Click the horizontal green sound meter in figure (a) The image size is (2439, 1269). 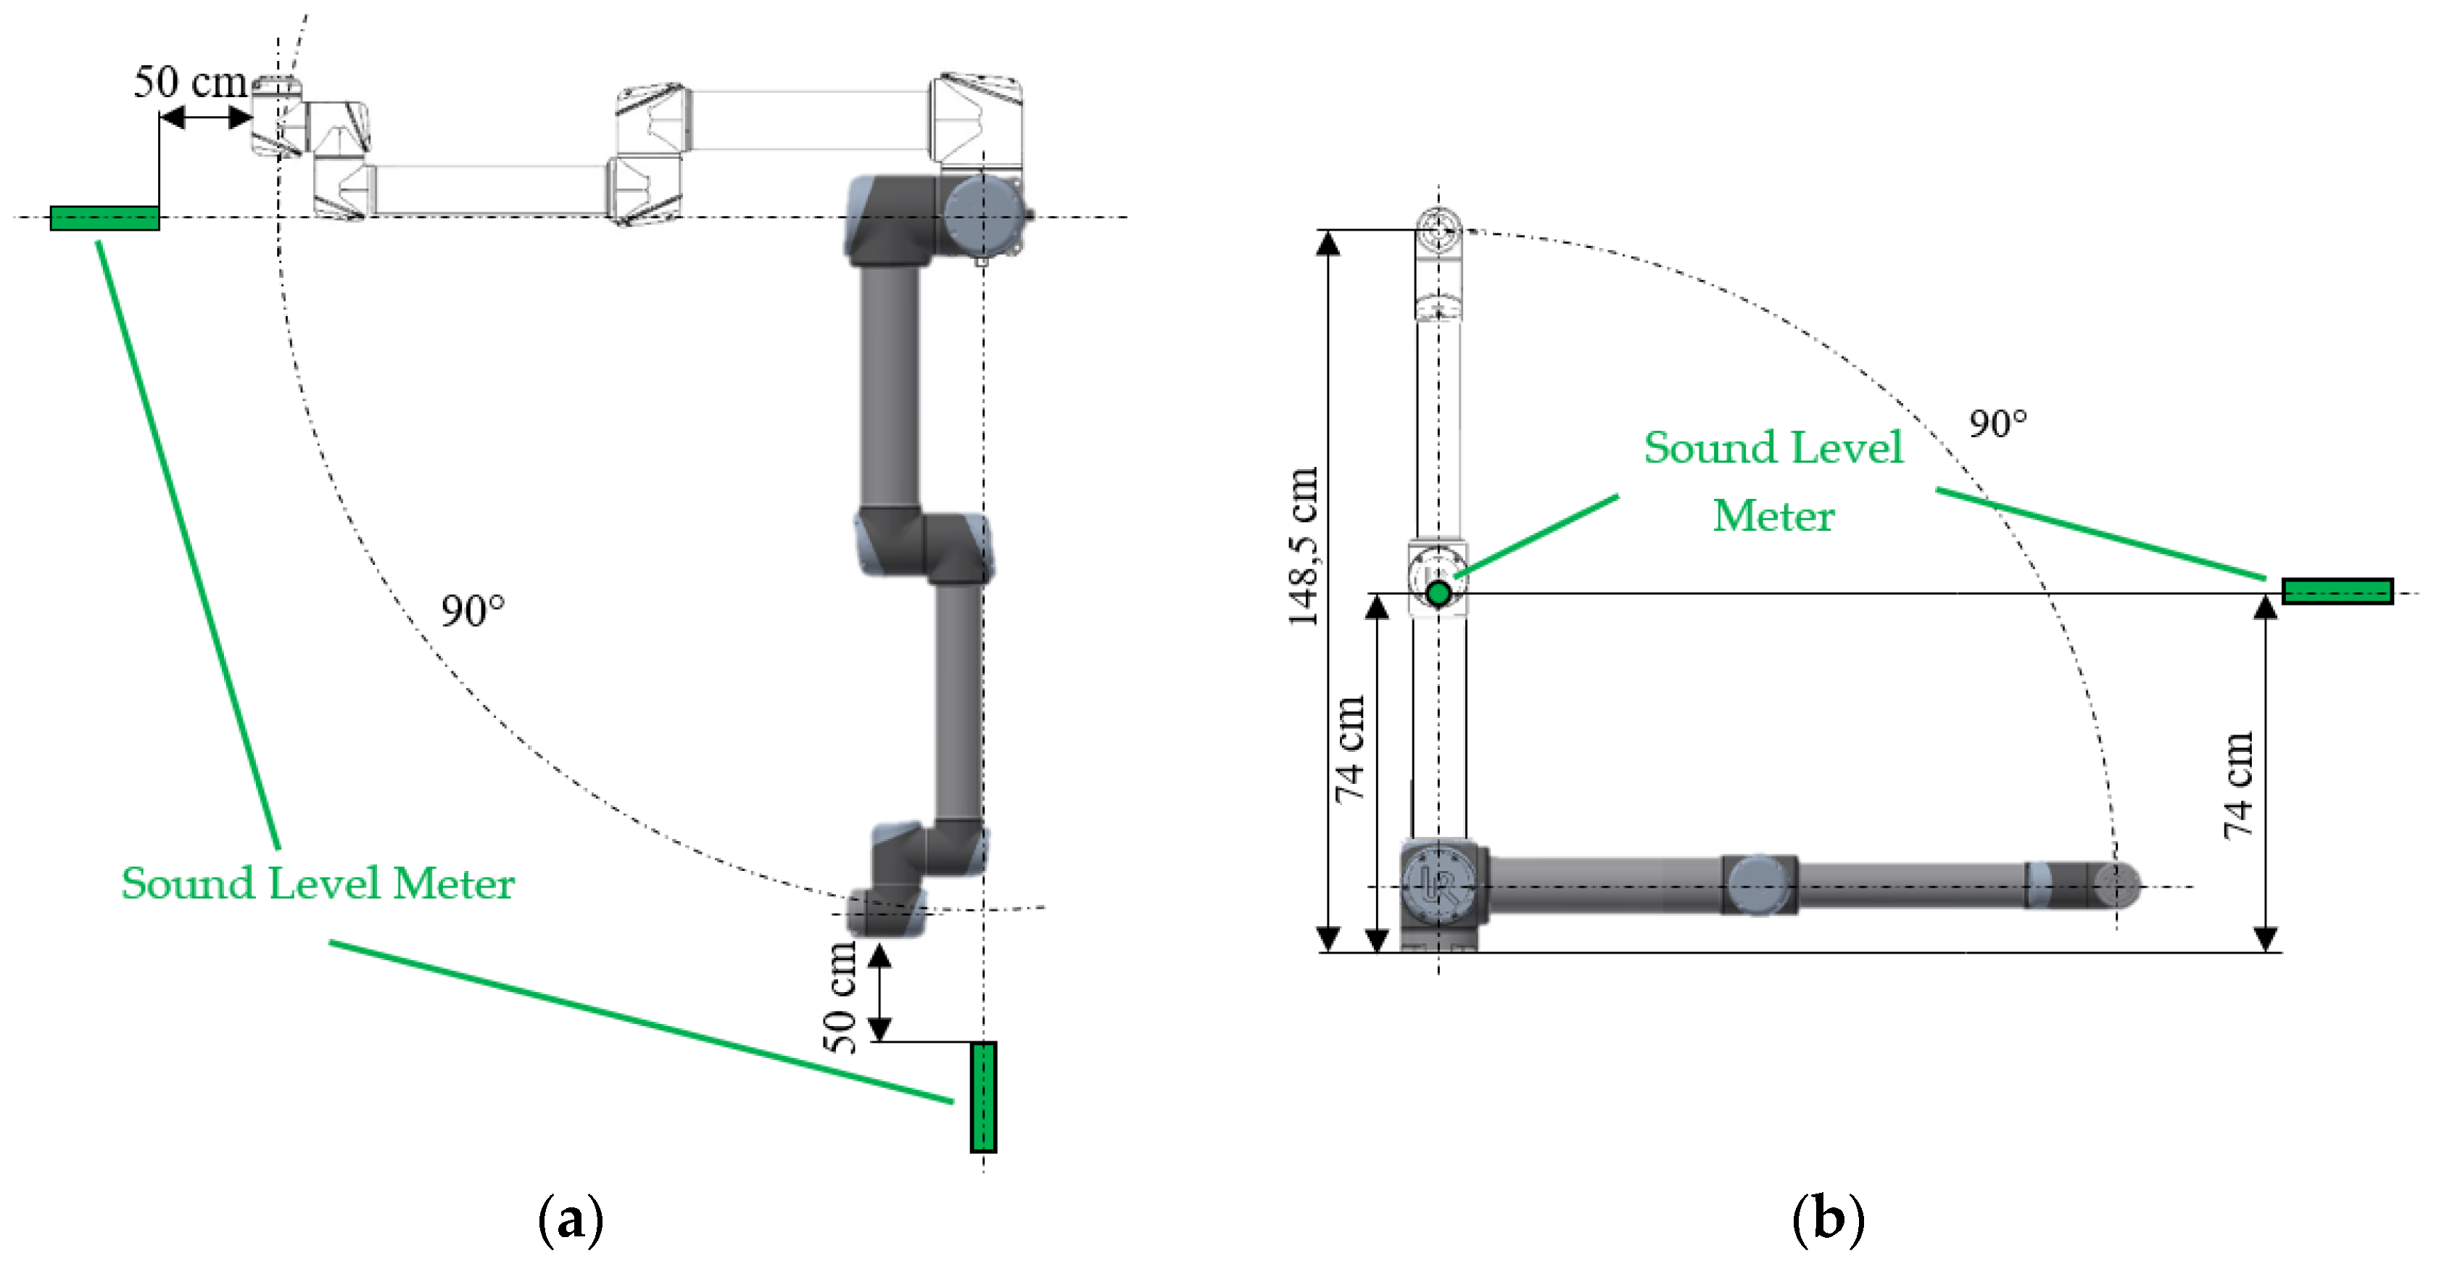[104, 218]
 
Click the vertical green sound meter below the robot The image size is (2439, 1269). [983, 1096]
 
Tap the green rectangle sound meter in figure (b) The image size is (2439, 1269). [2337, 591]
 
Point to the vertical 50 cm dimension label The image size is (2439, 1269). [839, 996]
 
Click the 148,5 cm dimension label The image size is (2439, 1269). [1304, 547]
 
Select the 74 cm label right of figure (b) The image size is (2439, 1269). [2238, 786]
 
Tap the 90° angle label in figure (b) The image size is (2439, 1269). [1997, 423]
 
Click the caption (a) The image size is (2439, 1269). [570, 1220]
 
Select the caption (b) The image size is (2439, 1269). [1827, 1220]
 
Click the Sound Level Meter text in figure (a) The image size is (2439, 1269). [317, 883]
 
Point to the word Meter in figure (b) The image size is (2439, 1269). [1773, 516]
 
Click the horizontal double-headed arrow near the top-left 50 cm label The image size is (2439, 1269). [205, 117]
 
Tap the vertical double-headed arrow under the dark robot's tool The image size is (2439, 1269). [879, 993]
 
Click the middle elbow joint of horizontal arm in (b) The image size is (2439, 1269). [1758, 883]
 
